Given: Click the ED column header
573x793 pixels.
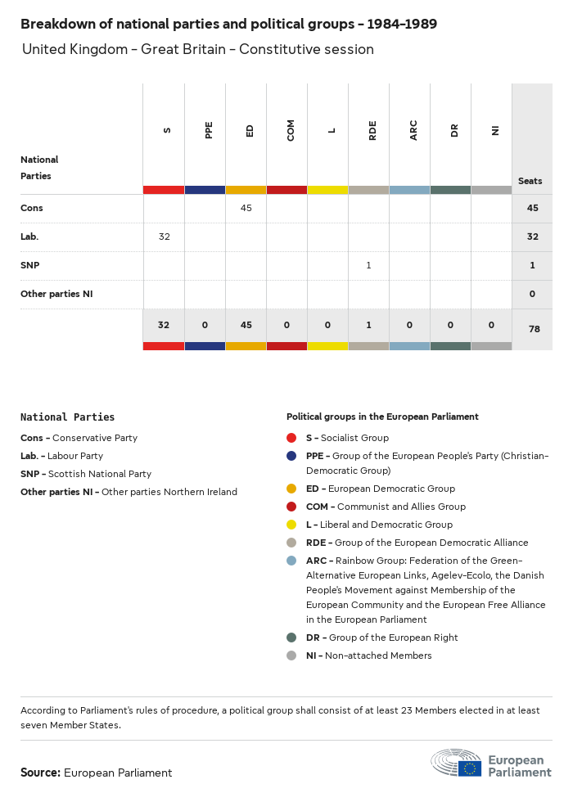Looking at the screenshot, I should point(250,129).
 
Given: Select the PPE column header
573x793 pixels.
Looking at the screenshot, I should point(209,129).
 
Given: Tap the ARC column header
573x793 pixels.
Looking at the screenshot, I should point(413,129).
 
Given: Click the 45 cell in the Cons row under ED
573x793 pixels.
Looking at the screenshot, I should point(246,208).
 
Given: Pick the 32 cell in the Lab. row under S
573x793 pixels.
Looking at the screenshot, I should point(164,237).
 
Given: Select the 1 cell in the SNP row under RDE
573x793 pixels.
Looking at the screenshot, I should point(368,265).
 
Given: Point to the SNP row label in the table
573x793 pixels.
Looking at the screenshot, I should point(29,265).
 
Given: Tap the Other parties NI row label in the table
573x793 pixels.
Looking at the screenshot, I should point(56,294).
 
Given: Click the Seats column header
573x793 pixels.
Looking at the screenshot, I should point(530,181).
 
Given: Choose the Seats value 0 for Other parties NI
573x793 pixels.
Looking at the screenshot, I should point(532,294).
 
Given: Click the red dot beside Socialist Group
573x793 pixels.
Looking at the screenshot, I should point(291,438).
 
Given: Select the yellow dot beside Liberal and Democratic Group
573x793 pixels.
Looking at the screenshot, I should point(291,525).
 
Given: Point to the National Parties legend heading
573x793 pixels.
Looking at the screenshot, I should point(67,417).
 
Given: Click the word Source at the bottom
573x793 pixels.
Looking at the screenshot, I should point(40,773).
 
